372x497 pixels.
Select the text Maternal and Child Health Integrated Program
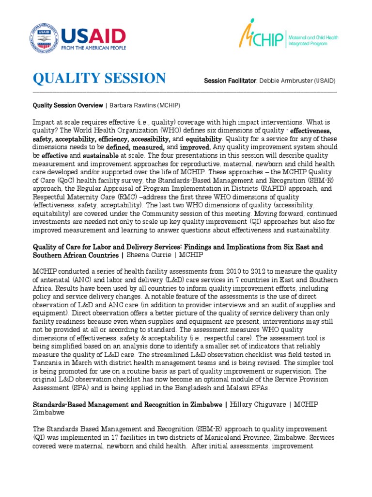click(313, 40)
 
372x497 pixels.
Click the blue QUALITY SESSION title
click(99, 78)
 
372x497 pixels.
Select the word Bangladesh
click(224, 388)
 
